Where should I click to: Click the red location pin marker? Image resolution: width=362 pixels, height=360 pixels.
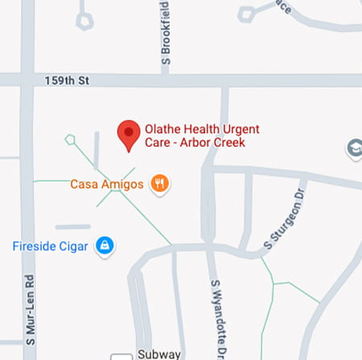[128, 133]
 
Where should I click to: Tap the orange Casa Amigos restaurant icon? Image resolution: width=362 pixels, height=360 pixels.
[161, 184]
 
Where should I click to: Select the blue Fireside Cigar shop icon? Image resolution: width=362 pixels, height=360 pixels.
[104, 245]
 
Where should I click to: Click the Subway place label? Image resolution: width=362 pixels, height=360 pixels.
[158, 355]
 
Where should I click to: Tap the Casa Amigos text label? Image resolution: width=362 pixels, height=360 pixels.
[107, 184]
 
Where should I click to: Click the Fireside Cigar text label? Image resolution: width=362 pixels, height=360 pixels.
[50, 245]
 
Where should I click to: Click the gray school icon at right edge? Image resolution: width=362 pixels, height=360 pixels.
[354, 149]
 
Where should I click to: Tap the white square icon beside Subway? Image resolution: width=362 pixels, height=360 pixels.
[121, 356]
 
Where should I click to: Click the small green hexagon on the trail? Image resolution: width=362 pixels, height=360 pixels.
[70, 139]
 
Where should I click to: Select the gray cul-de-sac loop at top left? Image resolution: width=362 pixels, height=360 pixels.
[85, 21]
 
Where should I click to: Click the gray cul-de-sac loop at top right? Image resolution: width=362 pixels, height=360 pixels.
[246, 12]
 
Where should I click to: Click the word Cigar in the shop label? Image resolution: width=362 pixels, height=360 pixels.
[74, 245]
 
